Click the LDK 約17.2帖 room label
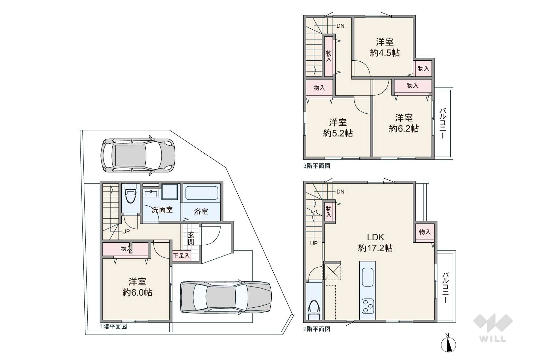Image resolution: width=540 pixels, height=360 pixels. (375, 243)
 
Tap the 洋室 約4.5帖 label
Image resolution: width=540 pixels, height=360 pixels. (385, 47)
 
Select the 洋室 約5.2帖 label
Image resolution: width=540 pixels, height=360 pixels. (338, 128)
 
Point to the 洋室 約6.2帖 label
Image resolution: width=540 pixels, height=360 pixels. (404, 123)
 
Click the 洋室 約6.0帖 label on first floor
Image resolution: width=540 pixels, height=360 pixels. (137, 287)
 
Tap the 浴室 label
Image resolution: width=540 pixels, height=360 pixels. (201, 211)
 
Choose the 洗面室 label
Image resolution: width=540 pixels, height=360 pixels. (162, 210)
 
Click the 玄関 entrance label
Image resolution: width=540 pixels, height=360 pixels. (191, 238)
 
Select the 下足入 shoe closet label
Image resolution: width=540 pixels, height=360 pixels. (182, 255)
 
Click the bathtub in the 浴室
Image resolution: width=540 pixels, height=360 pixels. (202, 193)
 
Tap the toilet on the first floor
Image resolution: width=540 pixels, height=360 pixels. (131, 195)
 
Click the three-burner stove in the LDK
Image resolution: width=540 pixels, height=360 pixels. (368, 306)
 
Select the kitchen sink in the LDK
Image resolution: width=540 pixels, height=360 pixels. (368, 277)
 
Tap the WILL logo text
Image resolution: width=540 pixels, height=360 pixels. (493, 339)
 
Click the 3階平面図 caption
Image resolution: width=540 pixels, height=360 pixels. (316, 166)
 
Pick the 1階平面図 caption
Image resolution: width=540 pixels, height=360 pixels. (113, 326)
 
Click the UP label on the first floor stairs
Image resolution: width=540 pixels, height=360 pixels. (126, 231)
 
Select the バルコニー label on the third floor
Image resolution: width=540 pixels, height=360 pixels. (443, 123)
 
